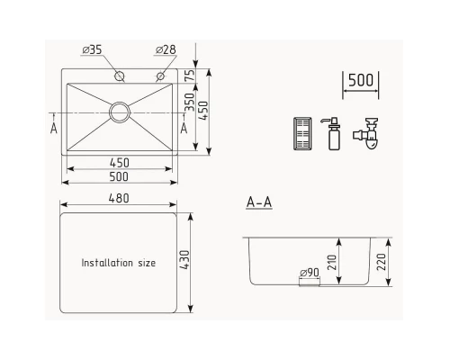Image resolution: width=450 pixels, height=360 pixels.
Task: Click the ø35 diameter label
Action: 94,49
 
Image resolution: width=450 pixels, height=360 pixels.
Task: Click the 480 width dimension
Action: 119,198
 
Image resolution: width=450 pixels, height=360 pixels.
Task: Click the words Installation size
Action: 119,264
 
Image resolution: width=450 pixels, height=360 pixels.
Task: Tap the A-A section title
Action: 258,202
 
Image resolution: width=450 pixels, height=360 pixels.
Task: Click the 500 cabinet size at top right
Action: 360,80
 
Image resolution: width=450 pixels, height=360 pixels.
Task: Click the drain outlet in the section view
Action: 309,283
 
